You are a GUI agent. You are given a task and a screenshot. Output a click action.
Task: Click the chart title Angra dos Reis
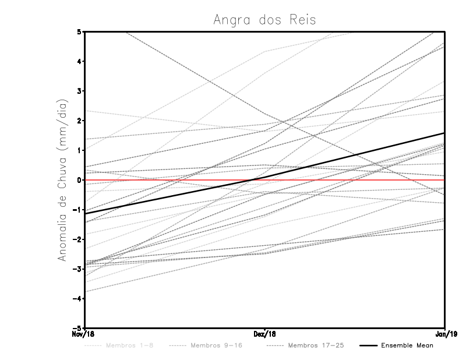click(x=264, y=20)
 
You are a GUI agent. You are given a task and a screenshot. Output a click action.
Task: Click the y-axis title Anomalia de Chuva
click(x=62, y=180)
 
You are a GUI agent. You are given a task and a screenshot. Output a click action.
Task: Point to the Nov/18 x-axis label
click(x=84, y=334)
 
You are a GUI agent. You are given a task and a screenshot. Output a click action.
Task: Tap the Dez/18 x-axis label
click(x=265, y=334)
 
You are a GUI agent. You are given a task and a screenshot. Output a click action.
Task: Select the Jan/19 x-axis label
click(x=445, y=334)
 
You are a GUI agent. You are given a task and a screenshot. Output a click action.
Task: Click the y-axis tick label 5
click(x=79, y=31)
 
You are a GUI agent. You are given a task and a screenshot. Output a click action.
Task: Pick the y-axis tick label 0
click(x=79, y=180)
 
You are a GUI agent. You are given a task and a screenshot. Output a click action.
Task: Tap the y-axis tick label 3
click(x=79, y=91)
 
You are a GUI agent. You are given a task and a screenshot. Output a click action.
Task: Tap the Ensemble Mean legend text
click(x=407, y=346)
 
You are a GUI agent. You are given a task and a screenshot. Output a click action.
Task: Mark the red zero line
click(x=349, y=180)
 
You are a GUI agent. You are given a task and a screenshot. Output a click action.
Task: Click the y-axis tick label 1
click(x=79, y=150)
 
